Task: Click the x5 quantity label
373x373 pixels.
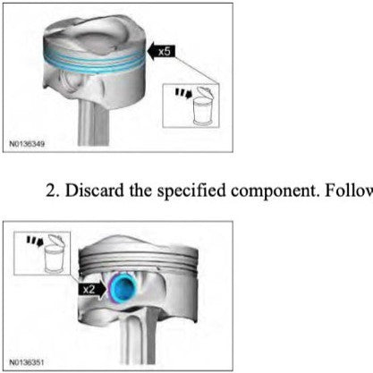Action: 165,51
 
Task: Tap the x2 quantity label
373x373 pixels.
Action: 89,289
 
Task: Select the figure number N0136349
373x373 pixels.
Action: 27,144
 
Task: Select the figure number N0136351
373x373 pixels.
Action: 27,362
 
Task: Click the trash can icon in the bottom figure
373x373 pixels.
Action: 55,254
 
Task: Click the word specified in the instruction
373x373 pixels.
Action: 191,191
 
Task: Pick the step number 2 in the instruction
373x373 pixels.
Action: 52,191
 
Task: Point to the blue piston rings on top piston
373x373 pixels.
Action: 94,61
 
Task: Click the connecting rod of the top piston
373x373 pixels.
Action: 93,123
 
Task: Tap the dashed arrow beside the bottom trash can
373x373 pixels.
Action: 35,241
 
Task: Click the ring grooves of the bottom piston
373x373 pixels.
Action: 139,262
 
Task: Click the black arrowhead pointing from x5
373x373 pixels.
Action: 152,51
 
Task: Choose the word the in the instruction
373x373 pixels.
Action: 140,191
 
